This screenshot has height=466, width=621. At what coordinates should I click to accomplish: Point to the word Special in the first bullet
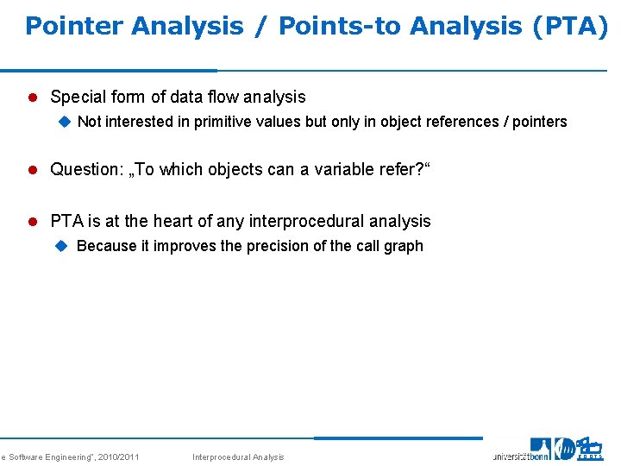(78, 98)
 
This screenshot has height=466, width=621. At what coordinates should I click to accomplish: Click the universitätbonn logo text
(520, 455)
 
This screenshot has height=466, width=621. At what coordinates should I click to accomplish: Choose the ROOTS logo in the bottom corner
(590, 449)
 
